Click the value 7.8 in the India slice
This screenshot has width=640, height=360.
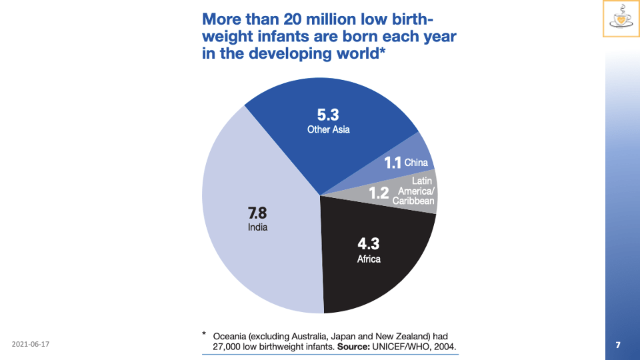click(x=257, y=213)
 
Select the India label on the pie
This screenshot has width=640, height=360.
click(x=257, y=227)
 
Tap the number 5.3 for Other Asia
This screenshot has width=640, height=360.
click(x=328, y=115)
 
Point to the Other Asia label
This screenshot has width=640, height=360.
click(x=328, y=129)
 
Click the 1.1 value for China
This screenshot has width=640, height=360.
click(x=392, y=163)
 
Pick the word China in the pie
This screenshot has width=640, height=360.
click(x=416, y=163)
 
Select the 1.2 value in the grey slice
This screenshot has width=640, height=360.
click(x=379, y=194)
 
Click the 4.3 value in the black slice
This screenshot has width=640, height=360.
click(x=368, y=244)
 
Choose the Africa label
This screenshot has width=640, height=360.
click(x=369, y=259)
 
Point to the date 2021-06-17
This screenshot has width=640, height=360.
click(x=31, y=344)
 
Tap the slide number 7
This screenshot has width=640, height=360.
click(x=618, y=345)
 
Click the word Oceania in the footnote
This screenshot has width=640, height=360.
click(x=231, y=336)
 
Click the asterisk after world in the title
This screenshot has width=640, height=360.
click(x=383, y=51)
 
